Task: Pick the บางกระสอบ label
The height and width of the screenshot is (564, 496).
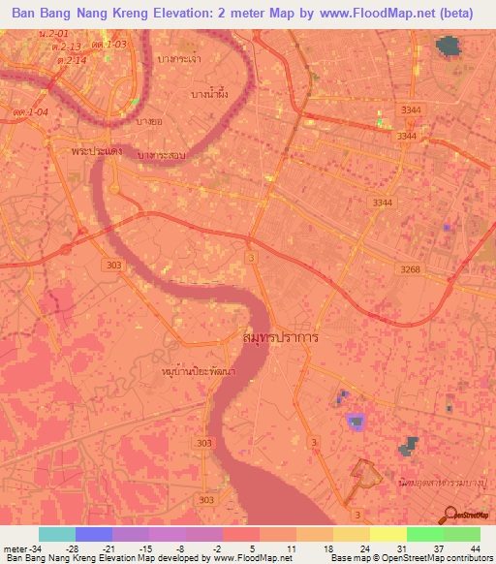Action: click(x=162, y=154)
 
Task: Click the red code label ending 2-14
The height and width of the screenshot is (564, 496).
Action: click(x=72, y=60)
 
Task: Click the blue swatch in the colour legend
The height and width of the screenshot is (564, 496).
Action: click(x=93, y=534)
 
